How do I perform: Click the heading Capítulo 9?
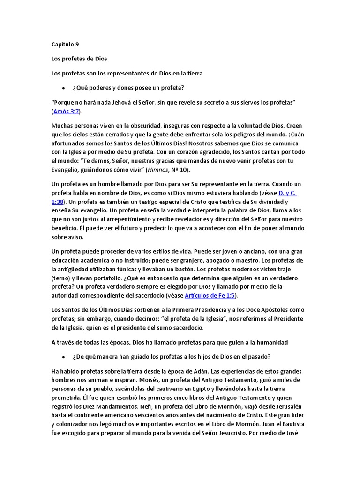[x=65, y=45]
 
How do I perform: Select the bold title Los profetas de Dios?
[x=79, y=59]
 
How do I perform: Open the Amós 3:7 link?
[x=66, y=111]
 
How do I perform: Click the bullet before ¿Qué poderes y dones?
[x=63, y=88]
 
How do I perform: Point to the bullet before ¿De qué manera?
[x=63, y=357]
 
